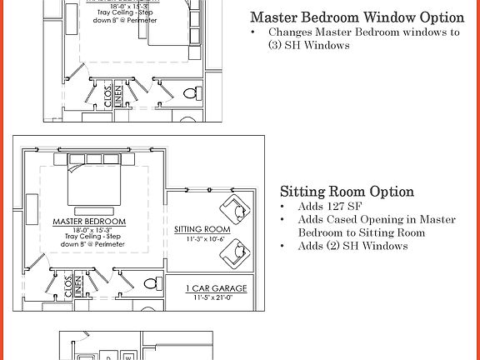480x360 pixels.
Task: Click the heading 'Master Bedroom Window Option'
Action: click(357, 17)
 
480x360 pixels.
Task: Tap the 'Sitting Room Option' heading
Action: click(347, 192)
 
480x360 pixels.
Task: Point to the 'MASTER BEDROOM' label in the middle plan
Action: click(89, 222)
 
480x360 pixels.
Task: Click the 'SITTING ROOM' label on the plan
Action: click(202, 229)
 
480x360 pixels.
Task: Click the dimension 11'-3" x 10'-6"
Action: click(202, 238)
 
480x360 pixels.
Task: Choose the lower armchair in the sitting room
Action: click(235, 251)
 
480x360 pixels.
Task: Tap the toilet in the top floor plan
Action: click(189, 92)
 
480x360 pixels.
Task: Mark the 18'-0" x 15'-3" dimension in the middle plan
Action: click(89, 230)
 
